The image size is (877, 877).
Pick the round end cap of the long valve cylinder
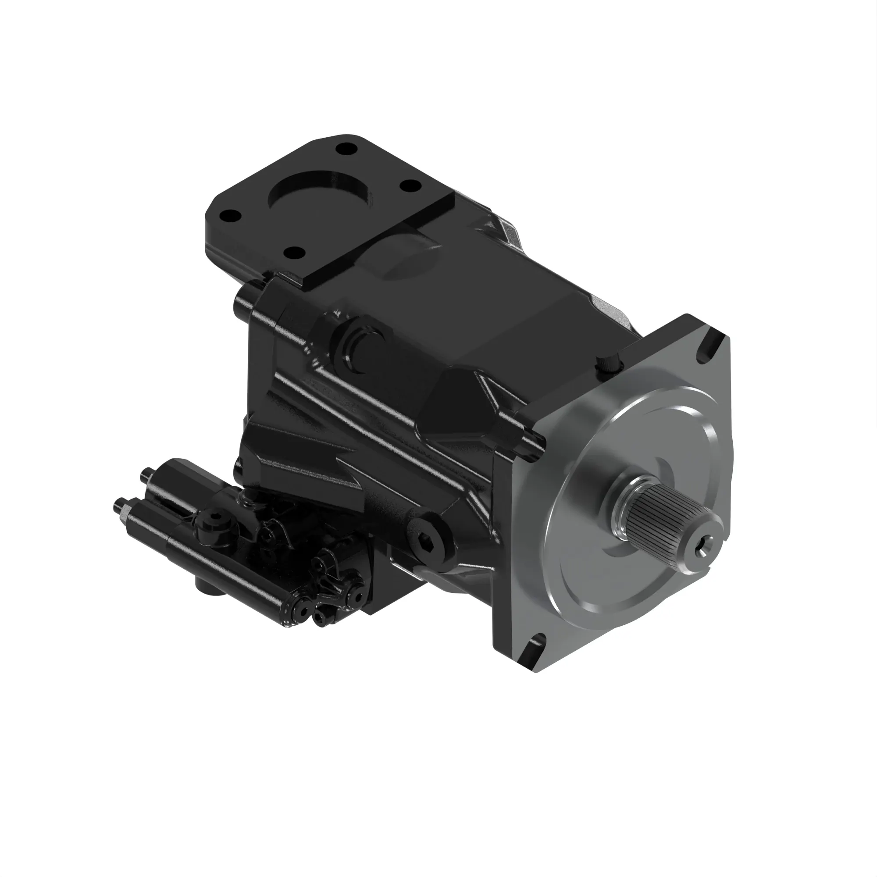pos(299,606)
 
